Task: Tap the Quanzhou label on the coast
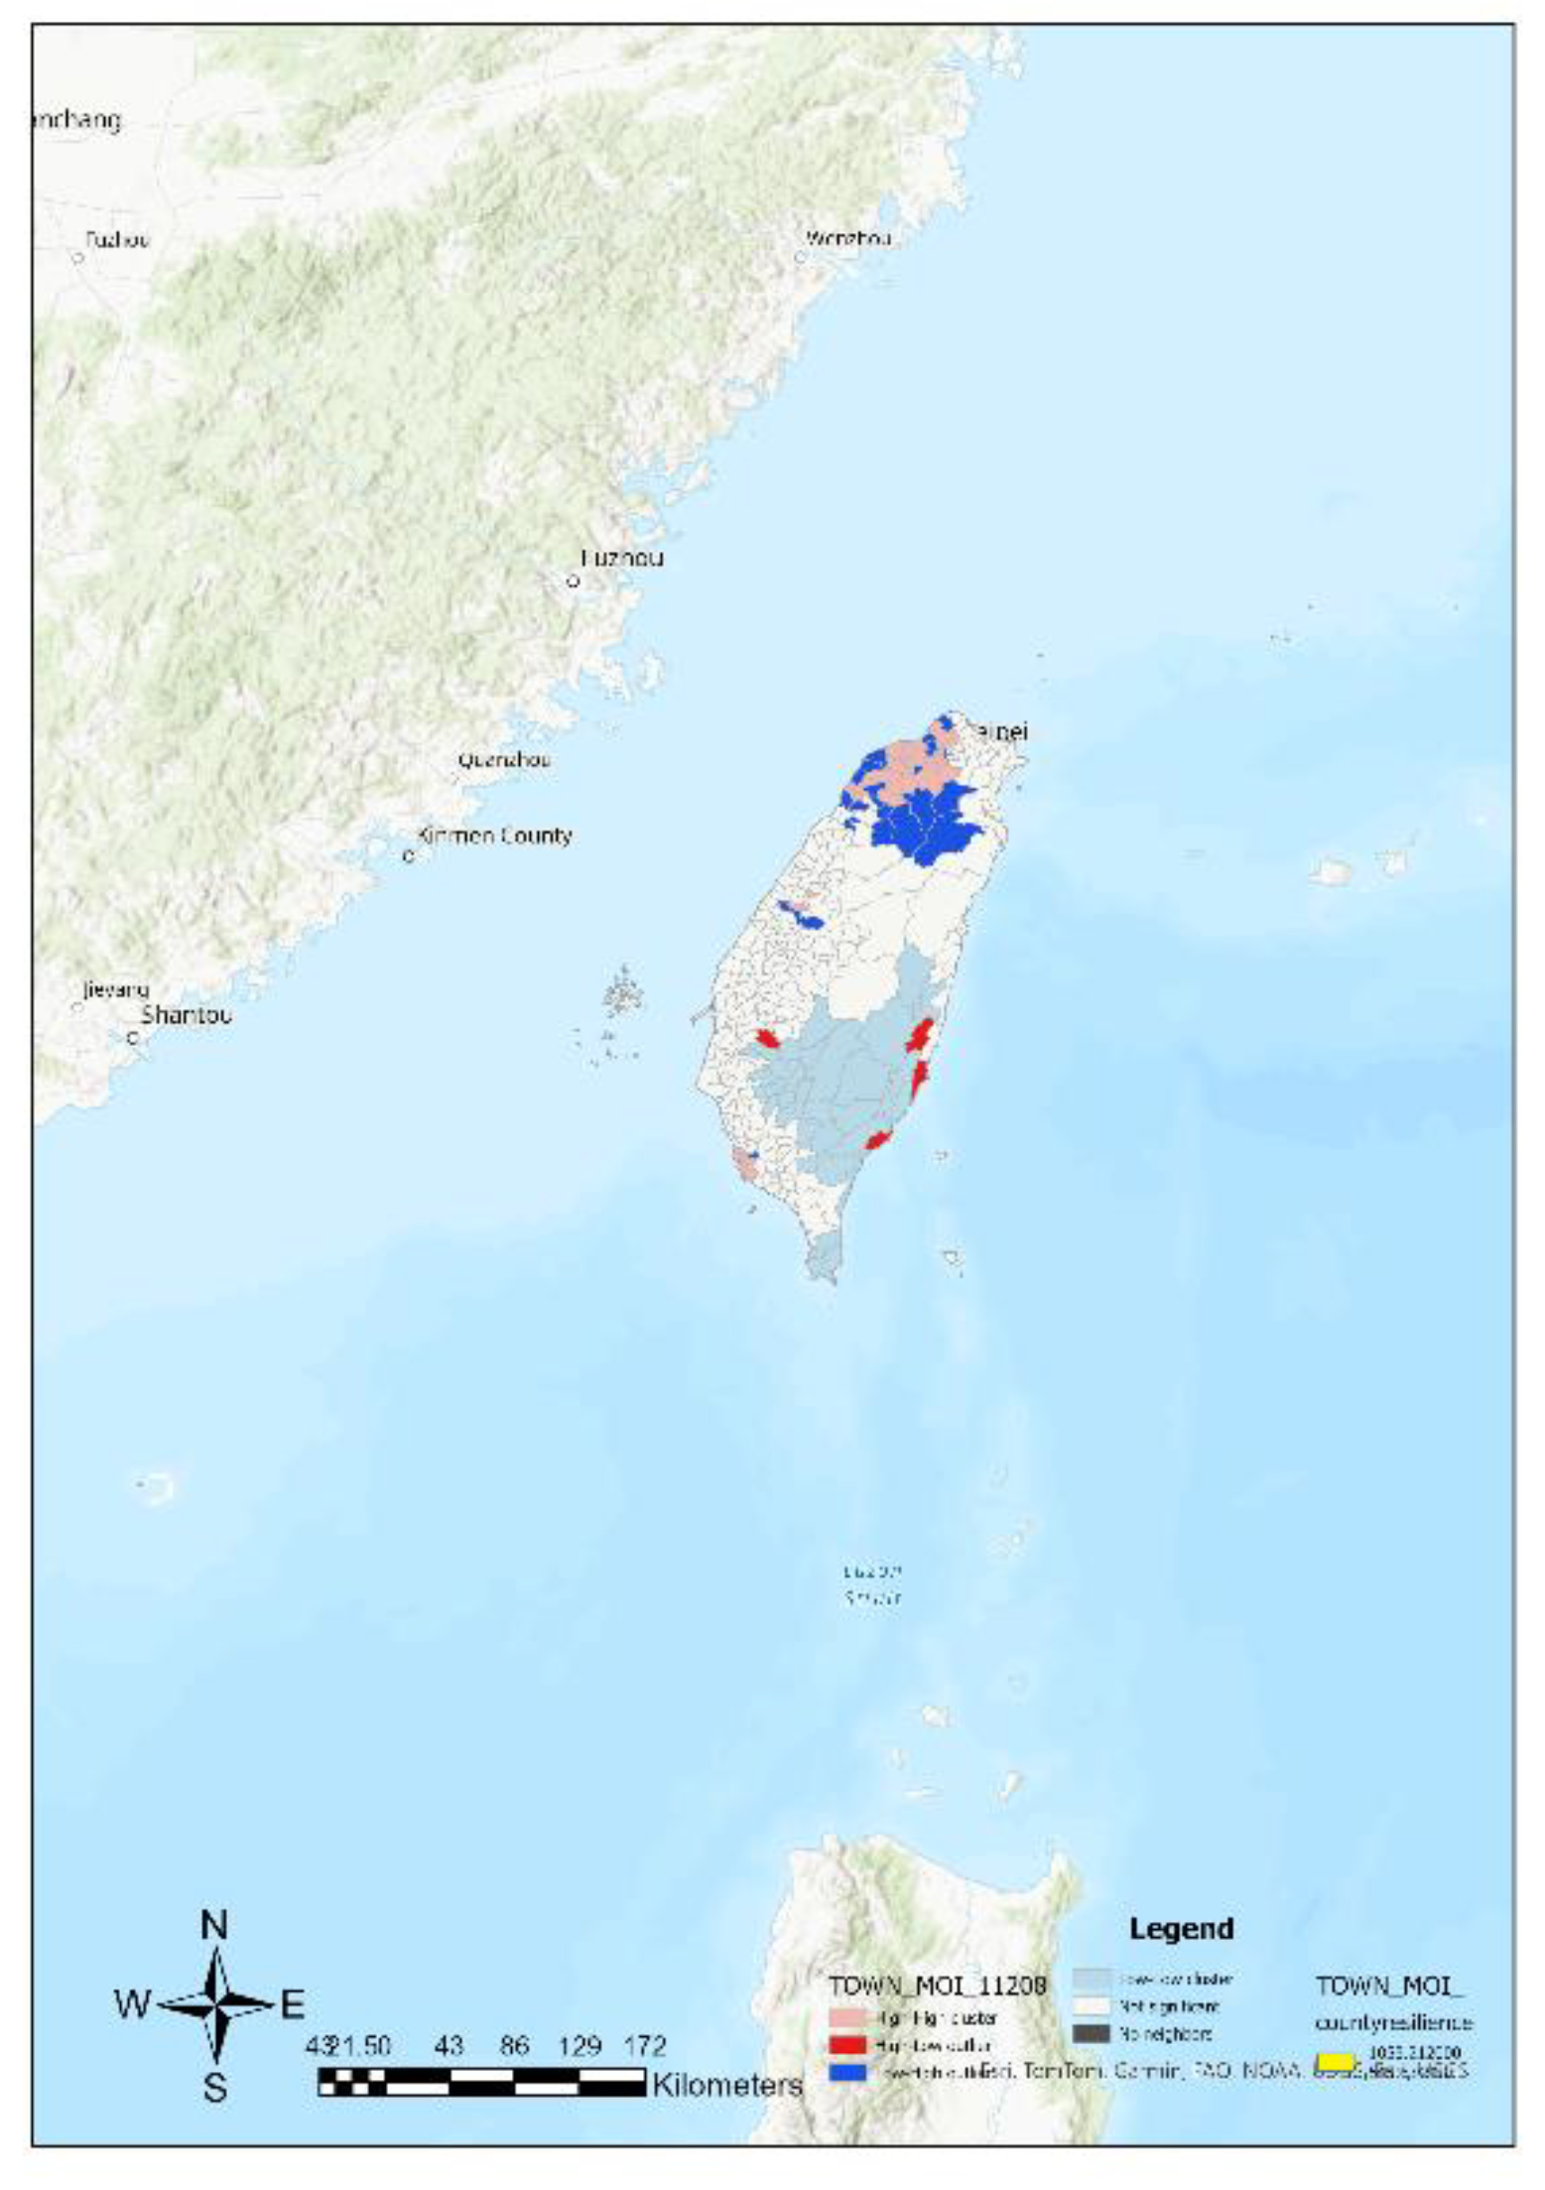[503, 760]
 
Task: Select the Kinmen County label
[494, 836]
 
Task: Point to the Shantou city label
[187, 1015]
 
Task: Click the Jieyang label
[115, 989]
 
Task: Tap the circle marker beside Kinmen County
[409, 855]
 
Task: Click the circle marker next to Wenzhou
[800, 257]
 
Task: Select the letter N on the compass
[214, 1925]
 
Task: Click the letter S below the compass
[215, 2088]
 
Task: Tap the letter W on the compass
[133, 2003]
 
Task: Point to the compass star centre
[215, 2004]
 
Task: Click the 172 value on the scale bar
[645, 2045]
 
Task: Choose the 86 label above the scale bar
[514, 2045]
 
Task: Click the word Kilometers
[726, 2084]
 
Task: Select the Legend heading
[1181, 1928]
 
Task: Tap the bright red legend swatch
[848, 2045]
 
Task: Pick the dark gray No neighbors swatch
[1091, 2033]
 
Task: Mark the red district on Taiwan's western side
[766, 1039]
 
